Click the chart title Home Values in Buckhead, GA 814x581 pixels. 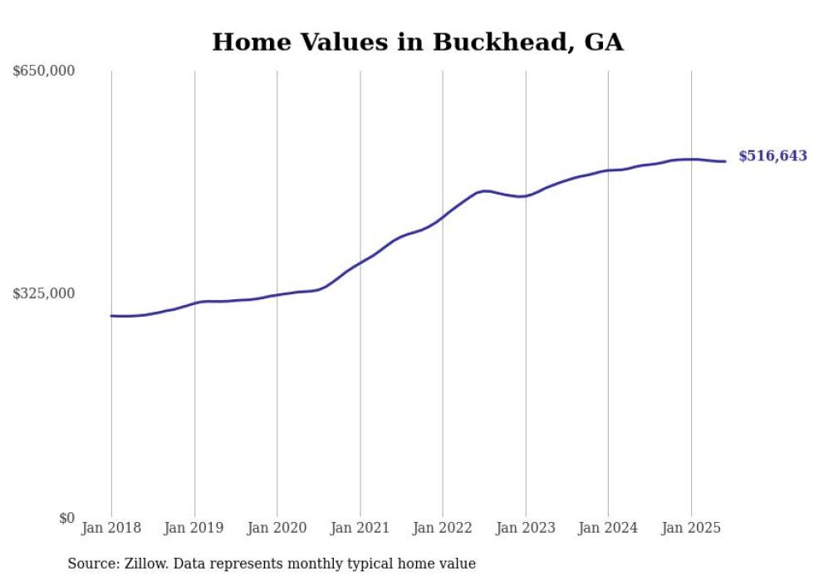(417, 42)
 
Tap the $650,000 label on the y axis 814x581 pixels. (44, 71)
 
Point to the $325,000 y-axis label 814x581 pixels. (44, 293)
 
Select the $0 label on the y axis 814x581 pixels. (66, 518)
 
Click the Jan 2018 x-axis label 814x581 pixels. (111, 528)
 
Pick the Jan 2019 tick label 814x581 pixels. (194, 528)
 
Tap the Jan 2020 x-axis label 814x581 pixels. (277, 528)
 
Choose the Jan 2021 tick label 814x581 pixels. (360, 528)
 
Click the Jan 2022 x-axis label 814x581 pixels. (443, 528)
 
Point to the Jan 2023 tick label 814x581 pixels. (526, 528)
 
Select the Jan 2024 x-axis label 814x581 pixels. (608, 528)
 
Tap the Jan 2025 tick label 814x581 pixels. (691, 528)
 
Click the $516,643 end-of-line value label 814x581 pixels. (772, 156)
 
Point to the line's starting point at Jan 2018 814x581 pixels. (111, 316)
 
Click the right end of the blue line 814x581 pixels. (725, 161)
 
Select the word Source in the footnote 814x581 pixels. (92, 564)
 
